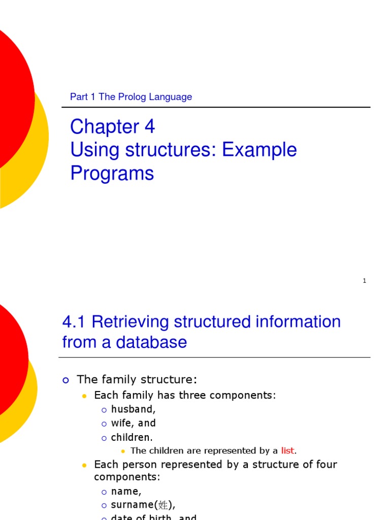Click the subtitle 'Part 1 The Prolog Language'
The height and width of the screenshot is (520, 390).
pyautogui.click(x=131, y=97)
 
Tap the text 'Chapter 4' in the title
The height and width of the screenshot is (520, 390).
pyautogui.click(x=112, y=126)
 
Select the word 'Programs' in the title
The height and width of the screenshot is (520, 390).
pyautogui.click(x=112, y=173)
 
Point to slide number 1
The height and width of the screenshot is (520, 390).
pyautogui.click(x=365, y=281)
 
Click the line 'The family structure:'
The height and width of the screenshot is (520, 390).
pyautogui.click(x=136, y=379)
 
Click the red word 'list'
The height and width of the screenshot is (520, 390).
pyautogui.click(x=287, y=450)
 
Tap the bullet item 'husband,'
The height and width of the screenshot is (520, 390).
pyautogui.click(x=133, y=409)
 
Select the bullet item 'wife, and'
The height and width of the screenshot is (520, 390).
pyautogui.click(x=133, y=423)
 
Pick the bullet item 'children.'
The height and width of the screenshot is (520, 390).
pyautogui.click(x=132, y=437)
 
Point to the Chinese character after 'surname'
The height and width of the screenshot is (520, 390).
pyautogui.click(x=164, y=505)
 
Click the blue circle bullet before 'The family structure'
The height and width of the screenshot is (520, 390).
pyautogui.click(x=65, y=380)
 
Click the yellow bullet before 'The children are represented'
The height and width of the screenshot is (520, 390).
pyautogui.click(x=122, y=451)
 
